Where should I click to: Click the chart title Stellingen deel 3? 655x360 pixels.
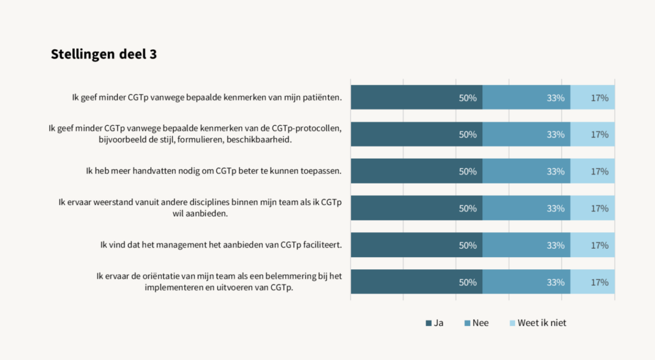click(104, 55)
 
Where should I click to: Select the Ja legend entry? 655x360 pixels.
click(434, 323)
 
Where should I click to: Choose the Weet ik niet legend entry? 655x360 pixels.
click(537, 323)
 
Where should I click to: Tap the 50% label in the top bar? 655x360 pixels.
click(468, 98)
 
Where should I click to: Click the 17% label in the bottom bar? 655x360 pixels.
click(599, 282)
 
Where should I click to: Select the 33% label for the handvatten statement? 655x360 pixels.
click(555, 171)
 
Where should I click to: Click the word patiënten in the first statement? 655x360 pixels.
click(320, 98)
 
